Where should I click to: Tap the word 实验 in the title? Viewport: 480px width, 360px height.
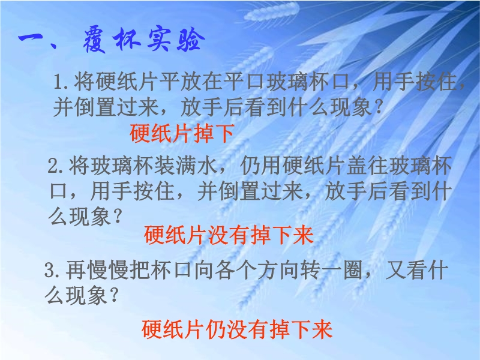pyautogui.click(x=175, y=40)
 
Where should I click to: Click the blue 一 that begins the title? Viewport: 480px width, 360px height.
pyautogui.click(x=31, y=39)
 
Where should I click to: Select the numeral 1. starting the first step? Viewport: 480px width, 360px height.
pyautogui.click(x=63, y=82)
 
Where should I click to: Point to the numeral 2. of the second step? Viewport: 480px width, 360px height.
pyautogui.click(x=57, y=166)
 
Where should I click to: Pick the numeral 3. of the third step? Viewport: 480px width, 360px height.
pyautogui.click(x=54, y=271)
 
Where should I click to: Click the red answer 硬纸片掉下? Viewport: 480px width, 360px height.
pyautogui.click(x=182, y=133)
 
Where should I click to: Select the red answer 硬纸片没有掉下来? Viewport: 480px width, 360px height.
pyautogui.click(x=229, y=235)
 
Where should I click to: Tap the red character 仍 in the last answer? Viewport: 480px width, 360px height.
pyautogui.click(x=216, y=329)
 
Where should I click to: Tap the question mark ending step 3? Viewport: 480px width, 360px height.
pyautogui.click(x=113, y=295)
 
